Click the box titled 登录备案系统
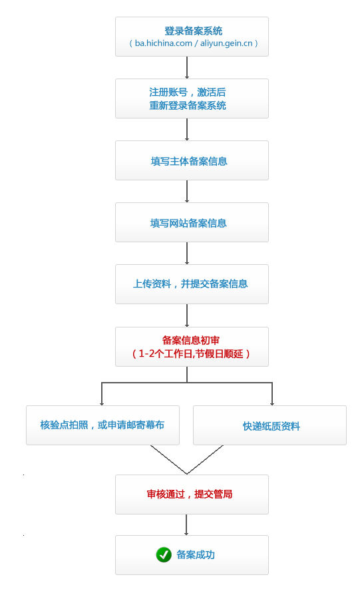[192, 37]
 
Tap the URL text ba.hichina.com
[163, 43]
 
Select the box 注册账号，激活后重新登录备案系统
[192, 99]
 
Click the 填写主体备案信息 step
[192, 160]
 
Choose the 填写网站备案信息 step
[192, 222]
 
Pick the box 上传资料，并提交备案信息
[192, 284]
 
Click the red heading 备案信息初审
[190, 340]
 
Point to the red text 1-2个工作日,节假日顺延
[191, 353]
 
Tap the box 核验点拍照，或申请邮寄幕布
[102, 425]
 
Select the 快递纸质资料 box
[270, 425]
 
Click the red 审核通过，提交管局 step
[192, 495]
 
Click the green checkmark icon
[164, 554]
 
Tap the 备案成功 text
[196, 554]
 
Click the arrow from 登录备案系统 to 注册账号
[187, 67]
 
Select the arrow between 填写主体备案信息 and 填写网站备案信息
[187, 191]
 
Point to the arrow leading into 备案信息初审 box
[187, 315]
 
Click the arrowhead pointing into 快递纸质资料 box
[271, 403]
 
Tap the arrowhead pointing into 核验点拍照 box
[102, 403]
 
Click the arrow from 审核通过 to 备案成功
[186, 524]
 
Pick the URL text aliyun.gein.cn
[226, 43]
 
